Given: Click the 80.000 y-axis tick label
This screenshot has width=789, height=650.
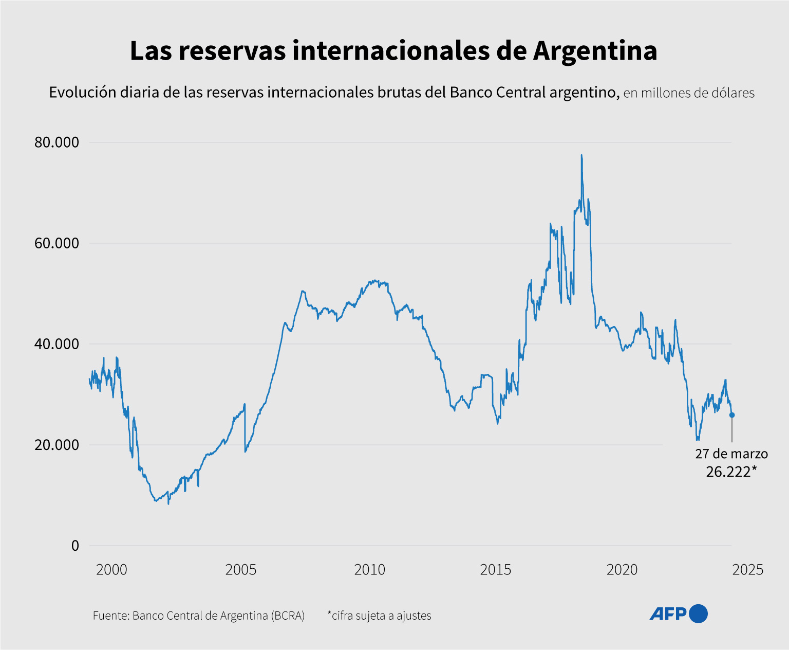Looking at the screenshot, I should click(x=57, y=142).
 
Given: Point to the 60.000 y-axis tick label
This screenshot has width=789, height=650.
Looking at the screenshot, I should click(x=57, y=243).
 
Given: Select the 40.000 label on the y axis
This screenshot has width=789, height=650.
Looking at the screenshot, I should click(x=57, y=344).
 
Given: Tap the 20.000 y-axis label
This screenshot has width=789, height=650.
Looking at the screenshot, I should click(x=57, y=445).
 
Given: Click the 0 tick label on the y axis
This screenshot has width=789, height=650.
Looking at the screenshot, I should click(x=75, y=546).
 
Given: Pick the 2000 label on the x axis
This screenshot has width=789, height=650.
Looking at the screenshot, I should click(x=111, y=570).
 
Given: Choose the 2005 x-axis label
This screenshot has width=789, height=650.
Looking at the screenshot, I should click(x=240, y=570).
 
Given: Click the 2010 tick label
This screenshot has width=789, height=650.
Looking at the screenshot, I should click(x=369, y=570).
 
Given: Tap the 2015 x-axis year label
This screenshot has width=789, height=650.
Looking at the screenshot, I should click(x=496, y=570).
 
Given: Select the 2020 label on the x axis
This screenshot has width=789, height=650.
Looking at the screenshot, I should click(x=622, y=570).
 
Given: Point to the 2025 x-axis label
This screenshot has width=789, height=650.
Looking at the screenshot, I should click(x=748, y=570).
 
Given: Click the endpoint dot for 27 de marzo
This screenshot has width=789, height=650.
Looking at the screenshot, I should click(x=732, y=415).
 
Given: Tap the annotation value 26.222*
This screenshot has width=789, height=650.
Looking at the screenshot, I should click(x=731, y=472).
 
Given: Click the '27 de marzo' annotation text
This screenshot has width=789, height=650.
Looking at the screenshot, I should click(x=731, y=454).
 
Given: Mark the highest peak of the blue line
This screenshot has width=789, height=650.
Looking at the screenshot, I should click(x=581, y=155).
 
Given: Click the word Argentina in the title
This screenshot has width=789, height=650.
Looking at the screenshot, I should click(x=595, y=51).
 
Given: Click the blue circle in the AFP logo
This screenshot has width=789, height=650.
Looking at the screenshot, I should click(x=698, y=613).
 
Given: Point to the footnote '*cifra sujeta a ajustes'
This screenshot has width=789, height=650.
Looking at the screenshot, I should click(x=379, y=616).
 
